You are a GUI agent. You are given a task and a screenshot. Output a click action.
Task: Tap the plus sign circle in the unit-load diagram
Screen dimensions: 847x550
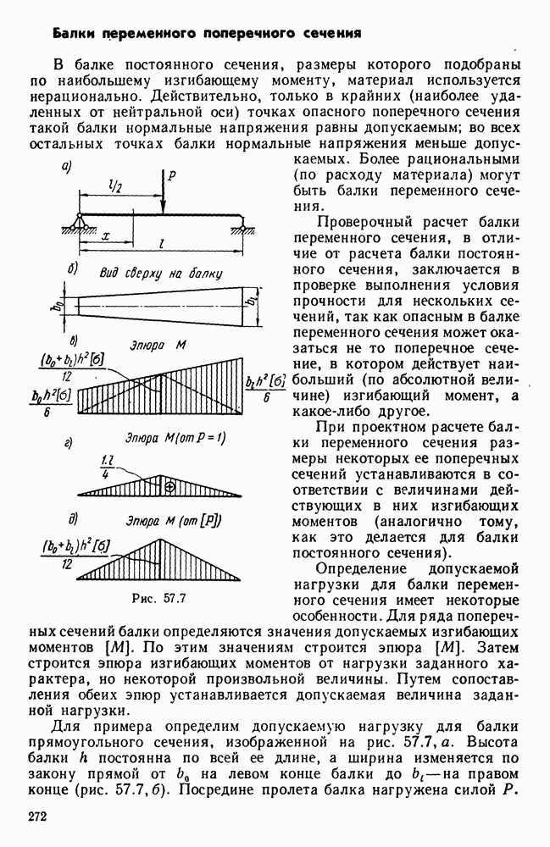[169, 486]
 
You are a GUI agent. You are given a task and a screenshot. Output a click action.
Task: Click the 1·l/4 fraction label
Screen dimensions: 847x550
[107, 467]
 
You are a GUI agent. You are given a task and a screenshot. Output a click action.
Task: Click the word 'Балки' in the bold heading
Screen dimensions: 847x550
[74, 34]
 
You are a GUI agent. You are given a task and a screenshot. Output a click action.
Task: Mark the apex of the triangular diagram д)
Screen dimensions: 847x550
[161, 537]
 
